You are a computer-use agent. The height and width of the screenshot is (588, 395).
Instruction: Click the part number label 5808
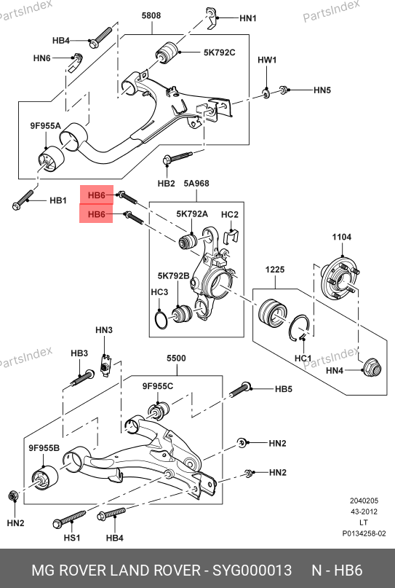151,15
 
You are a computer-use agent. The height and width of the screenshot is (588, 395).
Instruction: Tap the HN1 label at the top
248,18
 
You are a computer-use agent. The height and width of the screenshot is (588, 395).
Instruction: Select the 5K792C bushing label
220,52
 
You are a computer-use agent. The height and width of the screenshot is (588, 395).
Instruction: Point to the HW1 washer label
267,60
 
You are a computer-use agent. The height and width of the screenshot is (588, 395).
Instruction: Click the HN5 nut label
322,90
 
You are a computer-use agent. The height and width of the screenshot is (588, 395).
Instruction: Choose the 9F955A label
45,126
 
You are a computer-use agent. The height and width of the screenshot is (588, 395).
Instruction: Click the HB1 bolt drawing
23,200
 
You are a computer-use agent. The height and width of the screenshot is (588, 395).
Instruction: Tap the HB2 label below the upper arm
167,184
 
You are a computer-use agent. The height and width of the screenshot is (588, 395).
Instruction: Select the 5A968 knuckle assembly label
196,184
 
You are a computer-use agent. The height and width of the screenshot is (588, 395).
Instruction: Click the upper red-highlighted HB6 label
96,195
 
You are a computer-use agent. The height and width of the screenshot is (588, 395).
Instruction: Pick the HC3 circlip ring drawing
161,319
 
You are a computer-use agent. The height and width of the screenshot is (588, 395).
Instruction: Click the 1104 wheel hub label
342,237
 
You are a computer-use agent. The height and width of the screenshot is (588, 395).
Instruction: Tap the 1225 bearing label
275,270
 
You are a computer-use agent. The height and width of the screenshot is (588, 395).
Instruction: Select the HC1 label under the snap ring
303,358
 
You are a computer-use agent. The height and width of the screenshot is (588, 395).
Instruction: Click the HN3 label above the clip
104,330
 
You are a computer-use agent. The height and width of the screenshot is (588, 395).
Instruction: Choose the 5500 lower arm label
176,358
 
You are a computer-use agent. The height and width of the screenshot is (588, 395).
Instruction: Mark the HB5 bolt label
284,389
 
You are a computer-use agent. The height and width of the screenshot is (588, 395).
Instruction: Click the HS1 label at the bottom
72,538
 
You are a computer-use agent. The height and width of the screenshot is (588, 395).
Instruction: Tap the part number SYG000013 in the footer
252,571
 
